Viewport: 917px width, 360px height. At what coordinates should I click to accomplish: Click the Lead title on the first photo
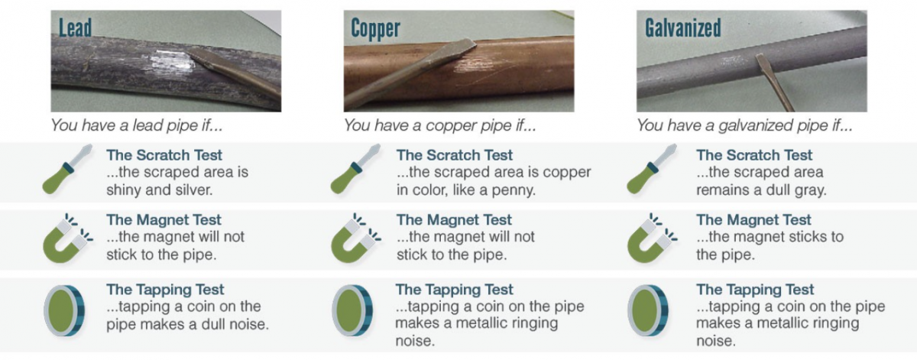[x=75, y=28]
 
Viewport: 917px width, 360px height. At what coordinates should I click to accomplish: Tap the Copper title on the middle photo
[x=375, y=29]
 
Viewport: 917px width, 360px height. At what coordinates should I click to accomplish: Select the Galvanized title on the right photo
[x=683, y=28]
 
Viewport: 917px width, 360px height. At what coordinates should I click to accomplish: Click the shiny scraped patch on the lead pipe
[x=171, y=64]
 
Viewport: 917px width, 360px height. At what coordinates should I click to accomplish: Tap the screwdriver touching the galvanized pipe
[x=773, y=82]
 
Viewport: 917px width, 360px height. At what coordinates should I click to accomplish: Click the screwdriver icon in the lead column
[x=67, y=169]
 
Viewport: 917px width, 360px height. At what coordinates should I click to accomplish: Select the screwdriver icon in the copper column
[x=355, y=169]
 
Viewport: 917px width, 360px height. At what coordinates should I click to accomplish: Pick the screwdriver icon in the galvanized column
[x=651, y=169]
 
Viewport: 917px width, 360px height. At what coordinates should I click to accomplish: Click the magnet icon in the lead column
[x=67, y=238]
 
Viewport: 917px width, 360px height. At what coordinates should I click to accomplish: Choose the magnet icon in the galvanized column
[x=652, y=238]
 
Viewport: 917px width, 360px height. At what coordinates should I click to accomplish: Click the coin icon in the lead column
[x=64, y=311]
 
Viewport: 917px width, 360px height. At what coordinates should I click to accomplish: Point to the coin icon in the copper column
[x=352, y=311]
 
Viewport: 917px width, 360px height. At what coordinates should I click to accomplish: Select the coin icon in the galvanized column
[x=648, y=311]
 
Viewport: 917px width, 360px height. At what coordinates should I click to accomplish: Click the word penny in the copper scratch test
[x=513, y=190]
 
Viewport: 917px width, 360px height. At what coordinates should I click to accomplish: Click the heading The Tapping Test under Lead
[x=165, y=290]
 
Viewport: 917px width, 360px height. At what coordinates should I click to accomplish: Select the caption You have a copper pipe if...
[x=439, y=125]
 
